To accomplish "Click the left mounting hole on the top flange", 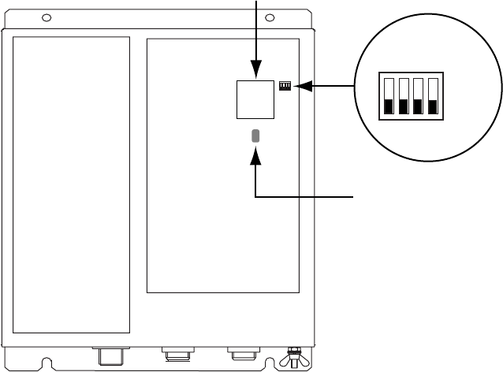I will pyautogui.click(x=47, y=17).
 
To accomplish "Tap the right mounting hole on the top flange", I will pyautogui.click(x=270, y=17).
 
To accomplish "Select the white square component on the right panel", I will pyautogui.click(x=256, y=99).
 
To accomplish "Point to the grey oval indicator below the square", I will pyautogui.click(x=256, y=136).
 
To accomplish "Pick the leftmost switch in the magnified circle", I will pyautogui.click(x=388, y=97).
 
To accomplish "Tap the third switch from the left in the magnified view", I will pyautogui.click(x=417, y=97).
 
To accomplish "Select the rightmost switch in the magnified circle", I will pyautogui.click(x=432, y=97).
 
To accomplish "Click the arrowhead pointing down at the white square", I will pyautogui.click(x=256, y=73).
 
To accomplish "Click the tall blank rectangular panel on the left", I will pyautogui.click(x=72, y=183).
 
